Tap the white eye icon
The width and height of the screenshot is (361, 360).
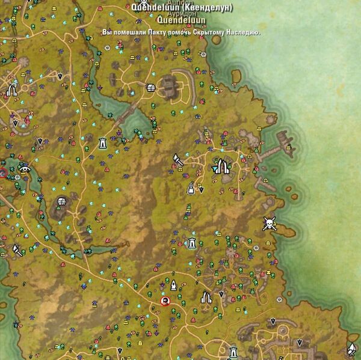pos(25,169)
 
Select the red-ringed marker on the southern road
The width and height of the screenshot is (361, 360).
pos(165,301)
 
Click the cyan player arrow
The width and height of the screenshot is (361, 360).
pos(216,169)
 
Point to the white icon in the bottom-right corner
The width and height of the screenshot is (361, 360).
pos(351,348)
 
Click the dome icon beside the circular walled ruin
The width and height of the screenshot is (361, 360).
pos(151,88)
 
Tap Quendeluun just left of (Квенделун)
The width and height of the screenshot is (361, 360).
pos(152,8)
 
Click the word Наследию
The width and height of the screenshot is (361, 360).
pos(247,32)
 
